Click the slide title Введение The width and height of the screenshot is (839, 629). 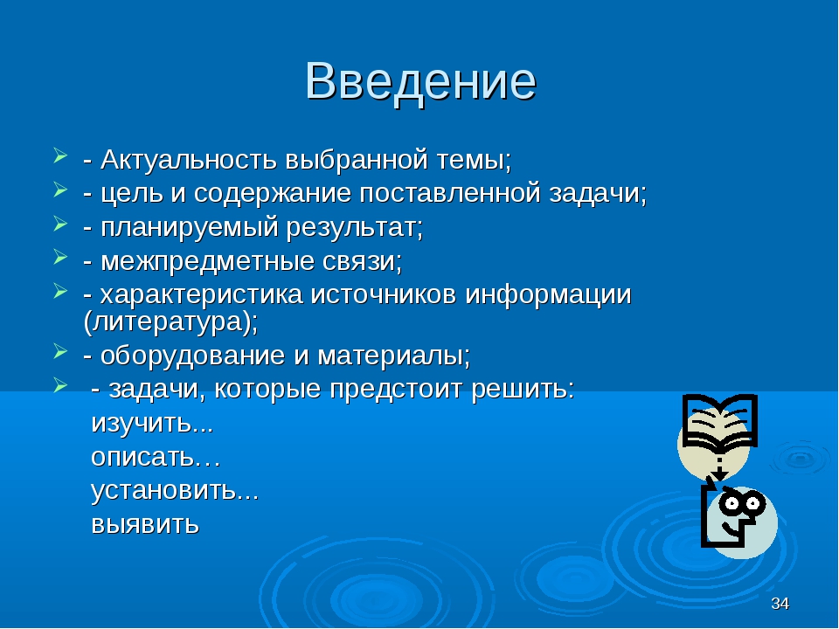[420, 81]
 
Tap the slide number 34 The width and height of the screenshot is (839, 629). [780, 604]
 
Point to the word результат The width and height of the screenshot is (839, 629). [354, 228]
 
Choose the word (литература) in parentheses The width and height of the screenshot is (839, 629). [170, 322]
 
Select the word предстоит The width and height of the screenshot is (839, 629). [395, 390]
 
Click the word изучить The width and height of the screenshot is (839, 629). [152, 423]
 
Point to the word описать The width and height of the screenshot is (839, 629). [156, 457]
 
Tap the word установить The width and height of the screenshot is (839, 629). [175, 490]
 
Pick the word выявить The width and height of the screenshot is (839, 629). [145, 523]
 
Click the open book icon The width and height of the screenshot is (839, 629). [719, 422]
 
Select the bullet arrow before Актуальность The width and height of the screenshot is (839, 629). [60, 156]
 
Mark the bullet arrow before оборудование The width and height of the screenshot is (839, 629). [60, 352]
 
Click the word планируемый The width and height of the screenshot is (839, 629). [190, 228]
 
